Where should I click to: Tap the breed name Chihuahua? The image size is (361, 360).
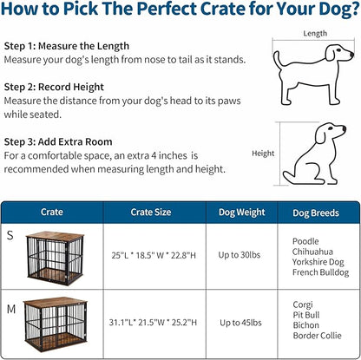coord(312,249)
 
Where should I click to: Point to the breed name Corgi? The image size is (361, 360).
coord(304,306)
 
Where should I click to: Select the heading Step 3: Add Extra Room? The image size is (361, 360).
coord(58,141)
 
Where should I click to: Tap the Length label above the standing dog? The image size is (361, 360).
coord(315,34)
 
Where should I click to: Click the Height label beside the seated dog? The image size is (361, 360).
coord(263,154)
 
